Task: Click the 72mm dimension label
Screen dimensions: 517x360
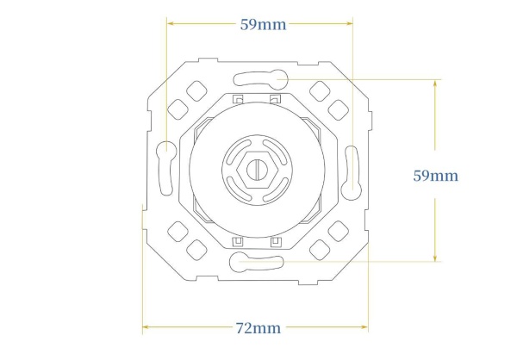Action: [x=258, y=328]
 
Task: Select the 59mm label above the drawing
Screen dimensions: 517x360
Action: [x=263, y=25]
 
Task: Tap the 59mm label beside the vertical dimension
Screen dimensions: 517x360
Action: [x=435, y=176]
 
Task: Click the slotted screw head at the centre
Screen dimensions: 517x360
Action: [x=256, y=170]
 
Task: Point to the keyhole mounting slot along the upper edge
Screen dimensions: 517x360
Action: [x=261, y=80]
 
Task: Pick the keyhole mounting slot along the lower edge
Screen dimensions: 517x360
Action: [x=257, y=262]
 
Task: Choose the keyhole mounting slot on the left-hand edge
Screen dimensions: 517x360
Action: [x=166, y=168]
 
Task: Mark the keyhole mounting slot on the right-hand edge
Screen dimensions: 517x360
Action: [x=352, y=173]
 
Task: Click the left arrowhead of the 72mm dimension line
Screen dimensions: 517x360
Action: [x=146, y=327]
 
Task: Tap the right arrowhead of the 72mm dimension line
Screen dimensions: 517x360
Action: [x=364, y=327]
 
